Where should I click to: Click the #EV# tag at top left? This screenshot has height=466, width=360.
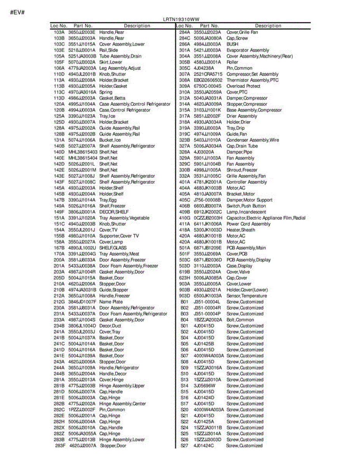17,12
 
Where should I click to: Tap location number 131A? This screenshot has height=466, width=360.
59,140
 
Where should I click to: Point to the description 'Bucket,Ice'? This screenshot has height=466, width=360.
110,140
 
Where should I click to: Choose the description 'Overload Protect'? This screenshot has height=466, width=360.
243,86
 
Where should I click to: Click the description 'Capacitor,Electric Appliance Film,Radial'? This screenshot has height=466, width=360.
266,218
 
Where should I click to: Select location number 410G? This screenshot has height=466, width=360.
184,218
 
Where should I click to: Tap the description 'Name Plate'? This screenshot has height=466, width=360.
111,302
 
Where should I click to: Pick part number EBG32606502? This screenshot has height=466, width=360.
208,80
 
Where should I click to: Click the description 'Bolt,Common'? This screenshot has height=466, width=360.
240,320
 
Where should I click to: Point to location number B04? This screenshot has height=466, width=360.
184,320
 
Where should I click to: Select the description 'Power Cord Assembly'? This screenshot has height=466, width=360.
248,224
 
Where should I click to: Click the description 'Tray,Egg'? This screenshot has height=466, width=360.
108,200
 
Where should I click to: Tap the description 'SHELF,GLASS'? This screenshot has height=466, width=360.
113,248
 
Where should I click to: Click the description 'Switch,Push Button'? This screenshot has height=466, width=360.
246,206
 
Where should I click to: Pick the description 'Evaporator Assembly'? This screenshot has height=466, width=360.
247,50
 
